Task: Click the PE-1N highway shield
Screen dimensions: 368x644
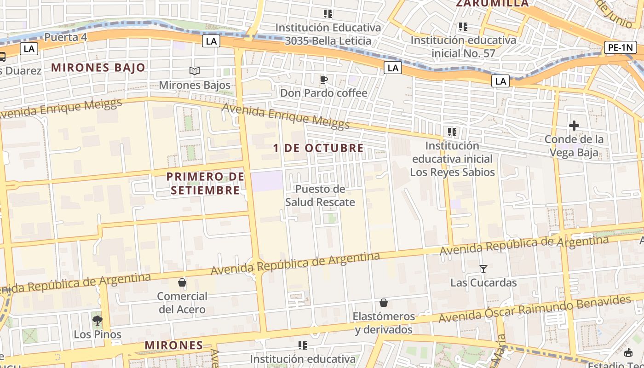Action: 620,47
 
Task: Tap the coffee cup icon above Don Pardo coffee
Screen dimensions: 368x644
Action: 324,80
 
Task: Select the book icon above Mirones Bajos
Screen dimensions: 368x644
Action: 195,71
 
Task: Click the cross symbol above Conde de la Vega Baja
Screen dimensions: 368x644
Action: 574,125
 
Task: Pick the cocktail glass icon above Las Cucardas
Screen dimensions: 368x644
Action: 483,269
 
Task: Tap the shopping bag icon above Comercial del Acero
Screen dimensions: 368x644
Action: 182,282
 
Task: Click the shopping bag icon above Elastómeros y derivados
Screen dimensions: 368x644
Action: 384,303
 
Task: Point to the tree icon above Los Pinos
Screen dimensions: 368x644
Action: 97,320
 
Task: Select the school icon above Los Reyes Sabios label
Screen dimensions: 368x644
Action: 452,132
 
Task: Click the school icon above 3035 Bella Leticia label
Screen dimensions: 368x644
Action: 328,14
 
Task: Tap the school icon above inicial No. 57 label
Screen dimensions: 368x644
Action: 463,27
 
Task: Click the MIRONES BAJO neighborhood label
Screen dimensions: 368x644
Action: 98,68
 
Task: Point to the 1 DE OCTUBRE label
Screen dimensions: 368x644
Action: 318,148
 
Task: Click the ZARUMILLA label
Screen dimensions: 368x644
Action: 492,4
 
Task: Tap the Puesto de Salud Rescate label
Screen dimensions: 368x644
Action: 320,195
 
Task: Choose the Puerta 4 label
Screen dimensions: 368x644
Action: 66,37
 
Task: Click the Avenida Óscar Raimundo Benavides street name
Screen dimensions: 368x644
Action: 535,309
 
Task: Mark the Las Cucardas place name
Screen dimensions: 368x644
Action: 483,282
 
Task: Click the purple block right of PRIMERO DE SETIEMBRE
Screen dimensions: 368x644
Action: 267,181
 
